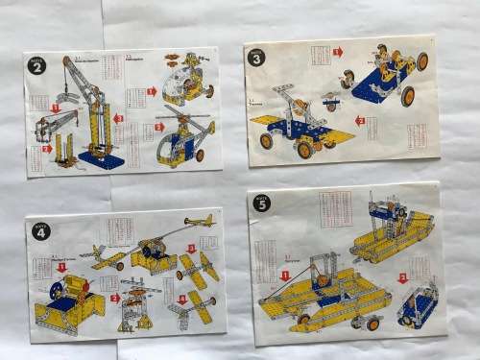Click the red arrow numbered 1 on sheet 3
(336, 51)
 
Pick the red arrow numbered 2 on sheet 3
(359, 120)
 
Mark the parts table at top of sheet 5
(333, 208)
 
